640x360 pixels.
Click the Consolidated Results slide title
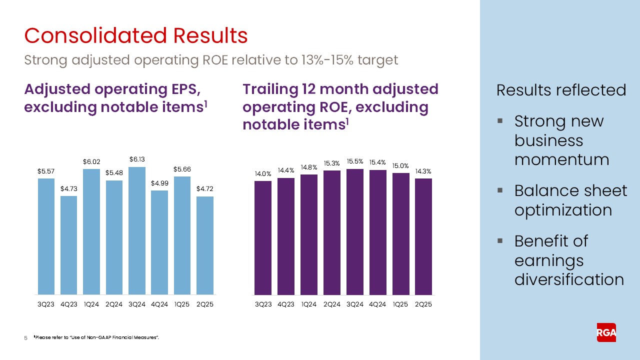[x=136, y=36]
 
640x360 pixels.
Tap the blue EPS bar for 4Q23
[x=69, y=245]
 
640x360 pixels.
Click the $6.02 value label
[x=92, y=162]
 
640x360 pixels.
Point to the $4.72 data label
[x=205, y=189]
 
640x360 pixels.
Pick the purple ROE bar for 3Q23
[x=263, y=238]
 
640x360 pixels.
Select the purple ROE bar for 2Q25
[x=423, y=236]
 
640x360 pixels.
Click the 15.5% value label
[x=355, y=161]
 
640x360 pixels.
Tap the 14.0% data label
[x=263, y=174]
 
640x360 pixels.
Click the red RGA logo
[x=606, y=332]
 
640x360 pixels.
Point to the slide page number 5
[x=26, y=339]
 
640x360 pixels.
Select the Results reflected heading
[x=561, y=90]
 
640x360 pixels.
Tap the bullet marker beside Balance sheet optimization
[x=499, y=190]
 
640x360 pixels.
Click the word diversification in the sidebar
[x=569, y=279]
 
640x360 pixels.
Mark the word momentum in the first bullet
[x=561, y=159]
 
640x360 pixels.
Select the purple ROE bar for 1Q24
[x=309, y=234]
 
